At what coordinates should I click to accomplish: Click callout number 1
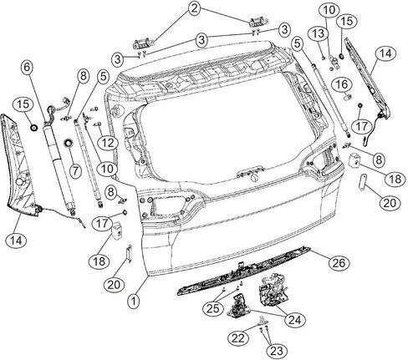tap(134, 302)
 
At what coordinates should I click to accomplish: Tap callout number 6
tap(27, 67)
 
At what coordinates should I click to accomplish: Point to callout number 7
tap(75, 170)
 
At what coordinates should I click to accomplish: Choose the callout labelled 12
tap(108, 143)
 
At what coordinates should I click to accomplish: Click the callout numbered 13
tap(319, 33)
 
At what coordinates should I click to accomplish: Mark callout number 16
tap(342, 84)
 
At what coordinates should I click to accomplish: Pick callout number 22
tap(238, 338)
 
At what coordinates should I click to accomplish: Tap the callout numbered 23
tap(277, 351)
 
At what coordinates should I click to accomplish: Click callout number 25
tap(213, 308)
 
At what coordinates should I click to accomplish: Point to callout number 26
tap(339, 263)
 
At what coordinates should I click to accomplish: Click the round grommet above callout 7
tap(68, 144)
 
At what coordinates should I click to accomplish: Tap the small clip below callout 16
tap(349, 98)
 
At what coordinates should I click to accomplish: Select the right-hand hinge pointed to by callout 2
tap(258, 22)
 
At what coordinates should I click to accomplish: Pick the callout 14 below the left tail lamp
tap(17, 240)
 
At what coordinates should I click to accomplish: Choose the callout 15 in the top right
tap(347, 21)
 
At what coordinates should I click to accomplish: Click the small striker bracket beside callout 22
tap(263, 321)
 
